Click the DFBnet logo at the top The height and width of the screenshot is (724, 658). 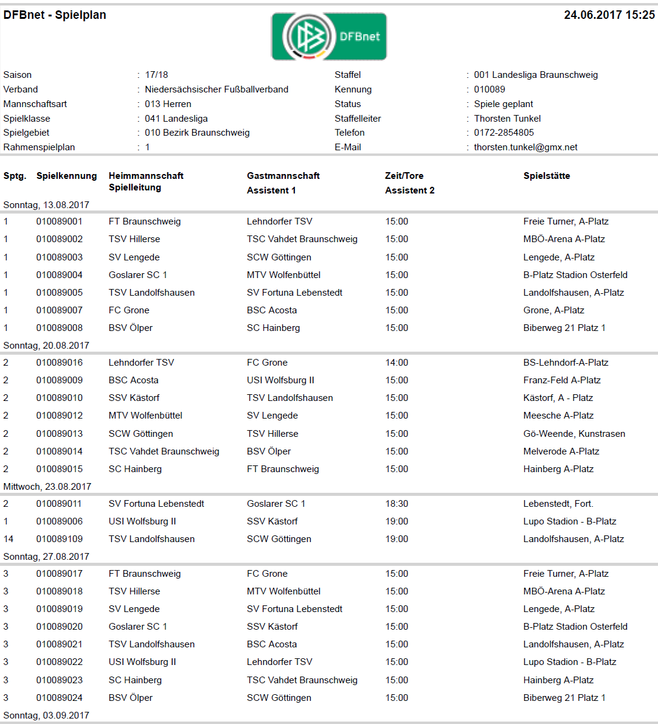(328, 37)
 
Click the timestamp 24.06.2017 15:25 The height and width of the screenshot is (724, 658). (609, 15)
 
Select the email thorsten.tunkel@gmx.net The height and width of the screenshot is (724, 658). (525, 147)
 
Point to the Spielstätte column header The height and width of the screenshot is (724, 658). (546, 176)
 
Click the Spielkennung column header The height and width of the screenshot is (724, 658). (66, 176)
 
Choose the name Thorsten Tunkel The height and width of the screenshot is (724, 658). (507, 119)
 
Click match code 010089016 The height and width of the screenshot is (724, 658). (59, 363)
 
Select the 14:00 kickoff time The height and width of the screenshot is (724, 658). (397, 363)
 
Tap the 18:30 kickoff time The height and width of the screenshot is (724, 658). (397, 504)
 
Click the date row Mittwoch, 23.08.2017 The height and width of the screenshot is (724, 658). (47, 487)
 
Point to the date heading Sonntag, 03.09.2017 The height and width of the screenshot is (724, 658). (46, 715)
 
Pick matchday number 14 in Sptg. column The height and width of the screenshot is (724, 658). (9, 539)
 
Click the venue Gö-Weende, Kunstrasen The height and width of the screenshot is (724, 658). (574, 434)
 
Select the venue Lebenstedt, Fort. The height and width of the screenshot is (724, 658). (558, 504)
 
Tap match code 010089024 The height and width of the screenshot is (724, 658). (59, 698)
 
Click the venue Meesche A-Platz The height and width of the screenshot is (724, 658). (558, 416)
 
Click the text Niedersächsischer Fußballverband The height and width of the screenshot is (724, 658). (216, 89)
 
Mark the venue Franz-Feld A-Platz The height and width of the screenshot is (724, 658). (562, 380)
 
